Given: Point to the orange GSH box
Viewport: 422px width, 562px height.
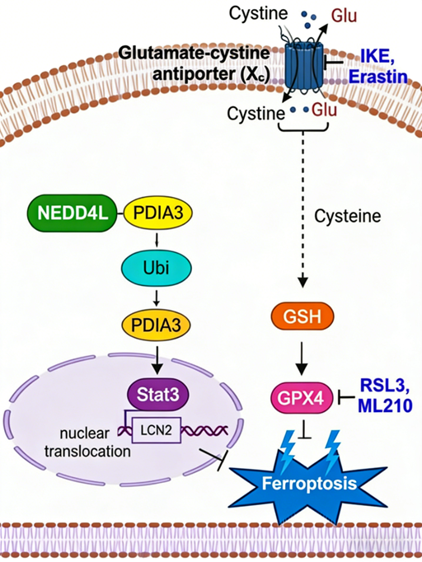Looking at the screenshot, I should [x=302, y=316].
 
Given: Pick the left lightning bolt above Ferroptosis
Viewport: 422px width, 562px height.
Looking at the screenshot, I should [x=288, y=447].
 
